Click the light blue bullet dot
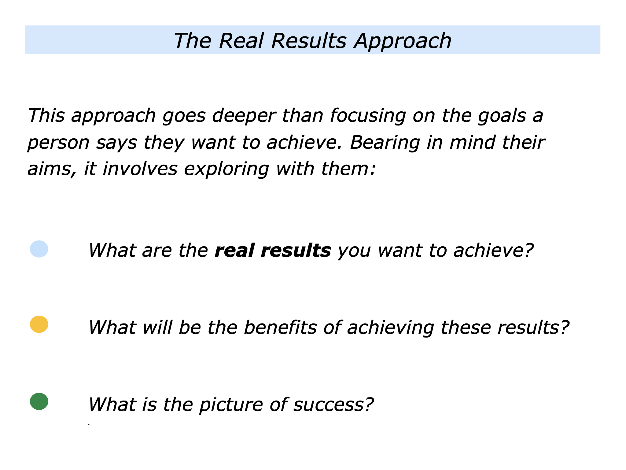pyautogui.click(x=39, y=249)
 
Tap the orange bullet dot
pyautogui.click(x=39, y=324)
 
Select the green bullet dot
pyautogui.click(x=39, y=401)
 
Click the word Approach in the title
pyautogui.click(x=403, y=41)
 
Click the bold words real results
pyautogui.click(x=273, y=250)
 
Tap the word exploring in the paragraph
pyautogui.click(x=226, y=169)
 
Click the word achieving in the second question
pyautogui.click(x=390, y=328)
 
